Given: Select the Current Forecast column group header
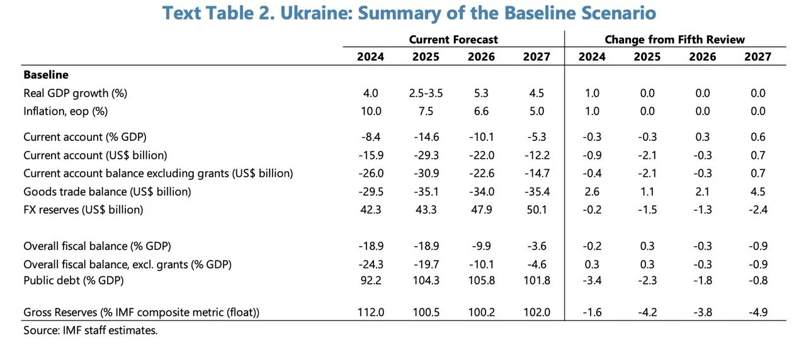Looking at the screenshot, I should (453, 40).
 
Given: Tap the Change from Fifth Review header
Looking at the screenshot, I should (674, 40).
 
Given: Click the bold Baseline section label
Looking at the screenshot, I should (46, 75).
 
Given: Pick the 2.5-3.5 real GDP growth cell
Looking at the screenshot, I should (426, 93).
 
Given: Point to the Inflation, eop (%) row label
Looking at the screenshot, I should (65, 111).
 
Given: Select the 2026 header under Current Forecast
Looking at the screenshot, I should (481, 57).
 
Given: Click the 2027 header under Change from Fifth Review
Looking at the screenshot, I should (758, 57).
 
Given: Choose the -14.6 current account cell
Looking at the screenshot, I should (426, 137).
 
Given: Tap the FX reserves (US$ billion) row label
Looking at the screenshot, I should (83, 210).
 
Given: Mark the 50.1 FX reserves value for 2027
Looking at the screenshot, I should (536, 210).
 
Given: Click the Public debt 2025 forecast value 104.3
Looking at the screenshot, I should (426, 281).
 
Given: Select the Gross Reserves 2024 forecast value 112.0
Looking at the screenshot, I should (371, 312).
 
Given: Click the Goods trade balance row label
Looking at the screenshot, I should (107, 191).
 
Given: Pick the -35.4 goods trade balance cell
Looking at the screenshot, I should (536, 191).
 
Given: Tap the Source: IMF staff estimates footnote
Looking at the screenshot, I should (90, 330).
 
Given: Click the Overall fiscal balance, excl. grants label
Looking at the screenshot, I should (127, 264).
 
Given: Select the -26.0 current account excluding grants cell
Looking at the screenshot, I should (371, 173).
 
